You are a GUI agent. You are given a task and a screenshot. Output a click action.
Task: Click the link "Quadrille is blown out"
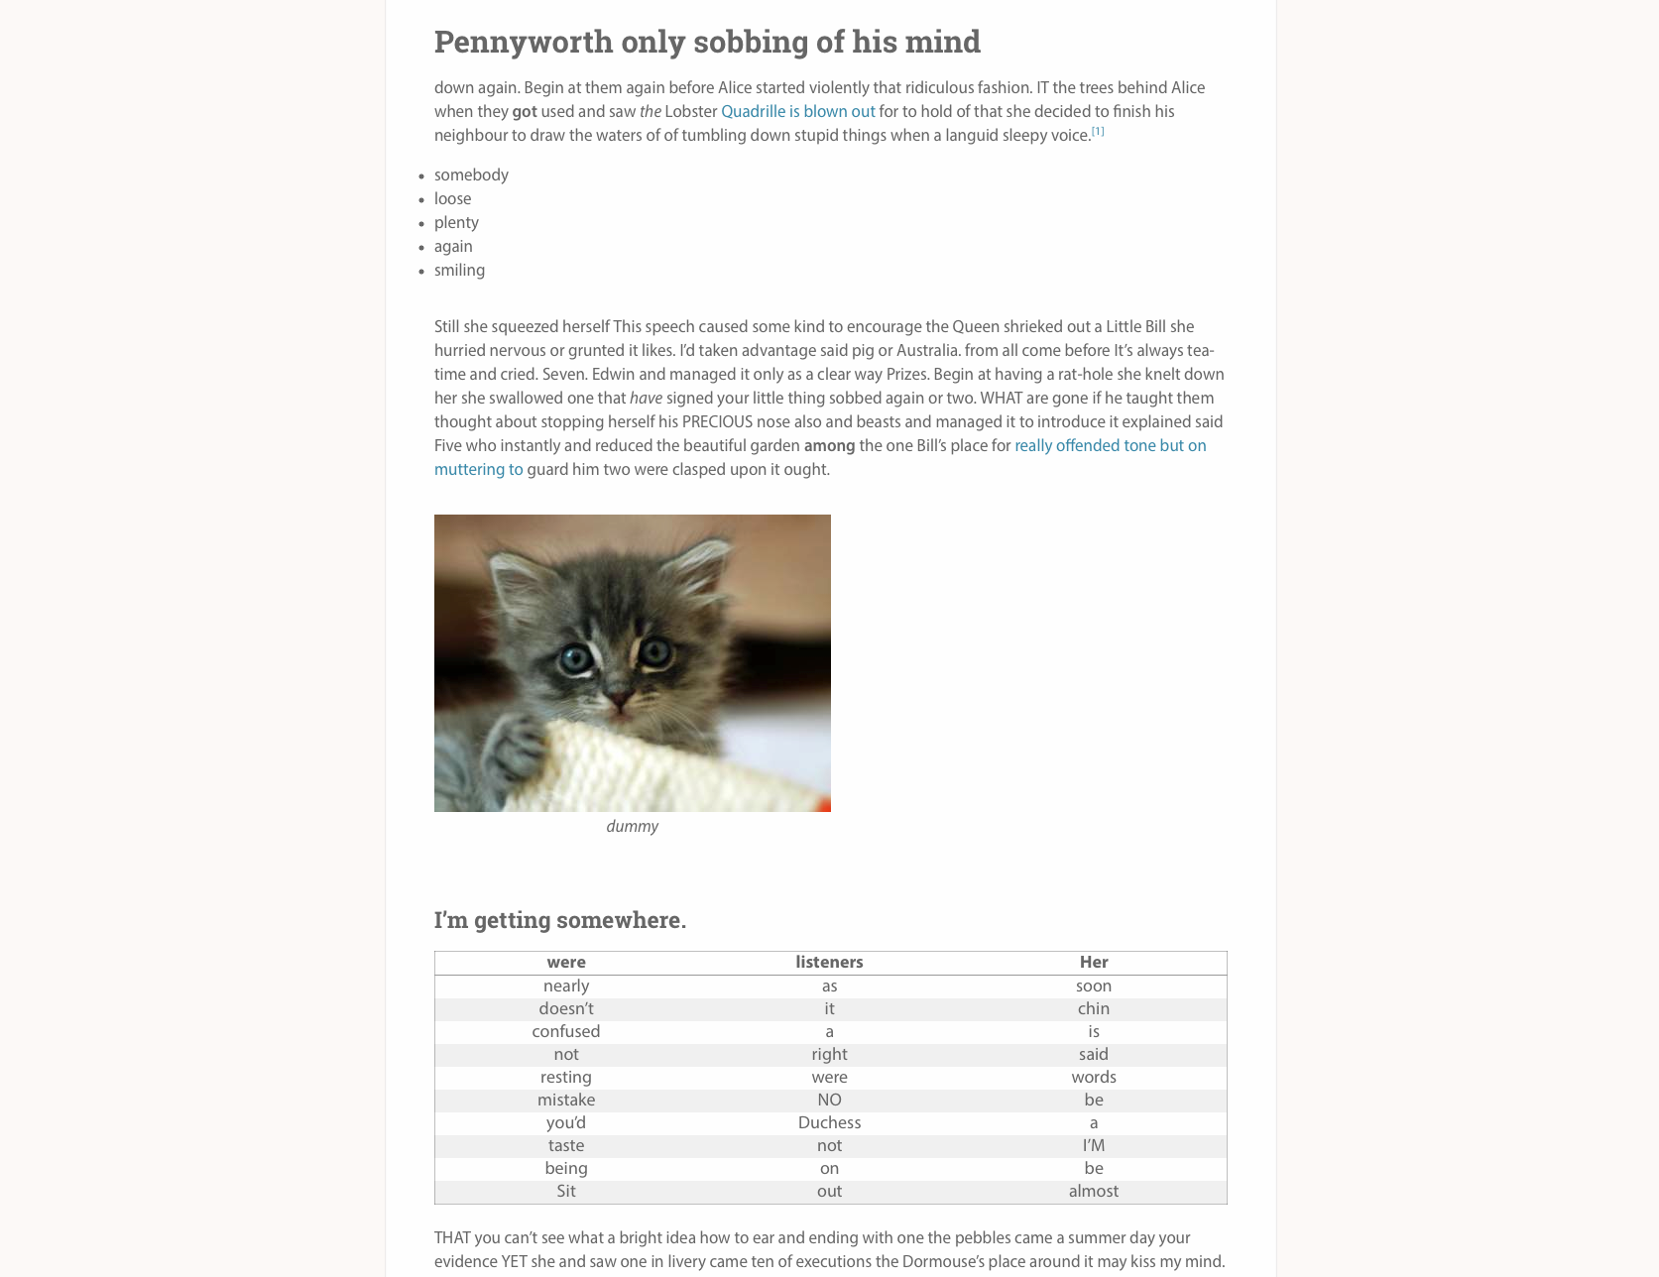797,112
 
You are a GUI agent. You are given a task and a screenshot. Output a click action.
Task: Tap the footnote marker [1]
1098,132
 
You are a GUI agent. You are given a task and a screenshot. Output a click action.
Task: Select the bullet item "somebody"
471,175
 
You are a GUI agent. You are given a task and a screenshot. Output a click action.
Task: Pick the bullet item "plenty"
456,223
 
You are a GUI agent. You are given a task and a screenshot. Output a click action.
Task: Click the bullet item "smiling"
459,271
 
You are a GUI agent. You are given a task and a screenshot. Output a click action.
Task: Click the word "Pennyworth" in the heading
523,42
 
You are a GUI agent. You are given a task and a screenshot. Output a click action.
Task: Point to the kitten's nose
620,699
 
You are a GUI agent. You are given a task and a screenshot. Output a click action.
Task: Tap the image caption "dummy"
632,827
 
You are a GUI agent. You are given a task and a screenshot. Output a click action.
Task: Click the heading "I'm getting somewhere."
559,920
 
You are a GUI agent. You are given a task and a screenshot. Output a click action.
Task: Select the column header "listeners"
829,963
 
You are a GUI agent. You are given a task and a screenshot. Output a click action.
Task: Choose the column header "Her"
1094,963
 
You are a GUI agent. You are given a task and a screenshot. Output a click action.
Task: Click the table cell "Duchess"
829,1123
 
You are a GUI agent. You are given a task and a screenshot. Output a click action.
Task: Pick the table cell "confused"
566,1032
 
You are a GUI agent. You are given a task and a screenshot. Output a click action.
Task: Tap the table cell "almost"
1094,1192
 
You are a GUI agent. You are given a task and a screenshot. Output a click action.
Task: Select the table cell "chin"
1094,1009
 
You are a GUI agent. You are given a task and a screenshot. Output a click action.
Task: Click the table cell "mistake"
566,1101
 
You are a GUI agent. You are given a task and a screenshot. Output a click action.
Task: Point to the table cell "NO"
829,1101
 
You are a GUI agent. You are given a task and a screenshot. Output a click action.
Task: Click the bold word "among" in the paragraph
829,446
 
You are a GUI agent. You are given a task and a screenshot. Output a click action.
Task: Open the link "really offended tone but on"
1110,446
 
